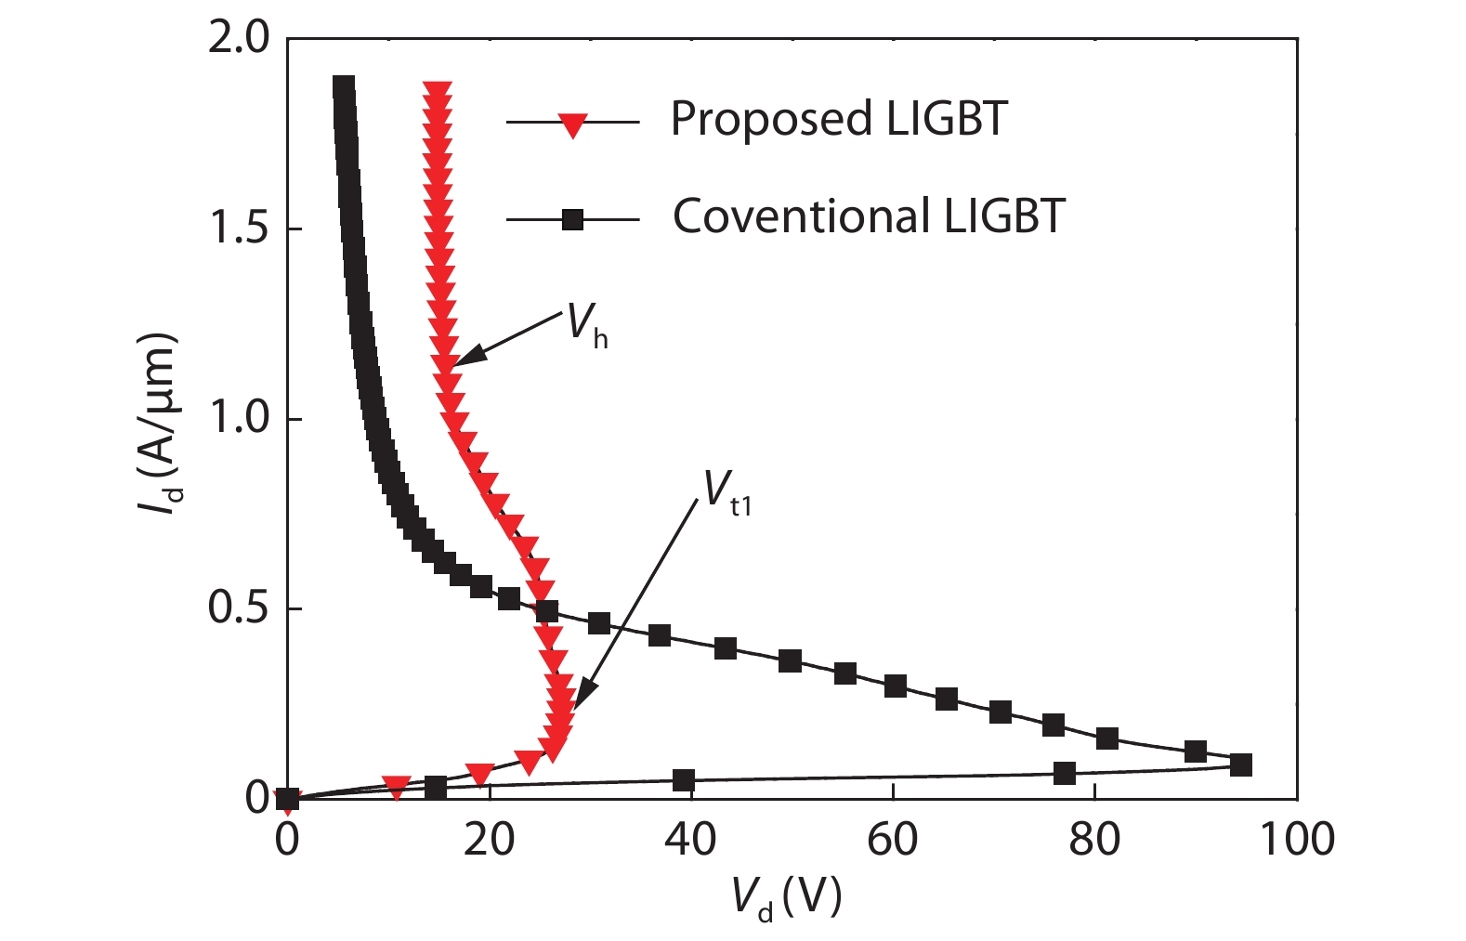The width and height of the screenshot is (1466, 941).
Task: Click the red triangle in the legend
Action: pos(573,124)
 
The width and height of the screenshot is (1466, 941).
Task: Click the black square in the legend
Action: pos(573,220)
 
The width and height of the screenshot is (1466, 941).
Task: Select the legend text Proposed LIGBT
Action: pos(839,119)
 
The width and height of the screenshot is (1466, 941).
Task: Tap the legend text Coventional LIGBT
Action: pos(869,216)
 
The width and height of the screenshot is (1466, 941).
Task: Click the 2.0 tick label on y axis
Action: pos(238,39)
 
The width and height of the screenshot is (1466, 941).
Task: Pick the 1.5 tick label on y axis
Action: pos(238,229)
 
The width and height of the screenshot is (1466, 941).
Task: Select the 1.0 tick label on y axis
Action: pos(238,418)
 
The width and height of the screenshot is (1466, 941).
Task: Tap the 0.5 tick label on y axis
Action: pos(238,608)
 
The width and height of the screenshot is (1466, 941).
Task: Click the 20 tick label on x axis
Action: pos(489,840)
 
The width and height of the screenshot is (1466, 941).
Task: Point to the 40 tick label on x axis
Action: pos(690,840)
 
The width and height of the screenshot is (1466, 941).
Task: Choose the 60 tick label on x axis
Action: pos(892,840)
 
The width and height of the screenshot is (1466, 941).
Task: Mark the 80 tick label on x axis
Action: pos(1093,840)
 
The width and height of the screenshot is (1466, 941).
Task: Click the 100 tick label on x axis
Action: pos(1296,840)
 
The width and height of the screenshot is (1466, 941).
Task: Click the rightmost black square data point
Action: pos(1240,765)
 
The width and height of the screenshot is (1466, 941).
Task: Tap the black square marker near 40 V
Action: pos(684,780)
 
